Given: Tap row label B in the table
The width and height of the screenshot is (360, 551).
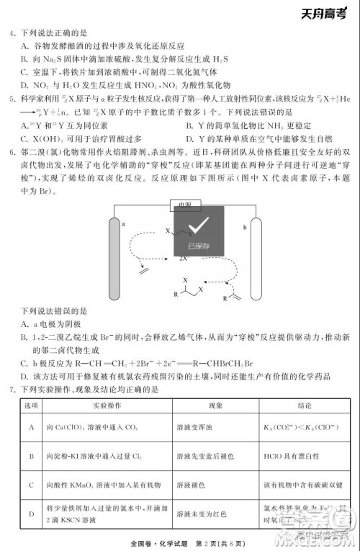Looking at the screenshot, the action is (x=32, y=456).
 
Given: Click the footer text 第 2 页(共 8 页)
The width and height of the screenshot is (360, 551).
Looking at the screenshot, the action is (x=227, y=542).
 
